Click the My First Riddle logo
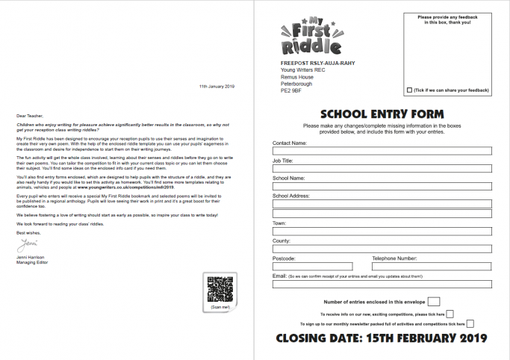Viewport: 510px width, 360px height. pyautogui.click(x=302, y=36)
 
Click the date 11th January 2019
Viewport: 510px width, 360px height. pyautogui.click(x=217, y=87)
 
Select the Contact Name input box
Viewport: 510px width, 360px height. pyautogui.click(x=382, y=150)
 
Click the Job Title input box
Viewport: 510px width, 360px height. pyautogui.click(x=382, y=168)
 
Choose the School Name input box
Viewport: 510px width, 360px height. pyautogui.click(x=382, y=186)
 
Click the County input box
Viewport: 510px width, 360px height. pyautogui.click(x=382, y=249)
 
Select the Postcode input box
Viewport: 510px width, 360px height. pyautogui.click(x=312, y=267)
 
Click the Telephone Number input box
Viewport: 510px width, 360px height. pyautogui.click(x=431, y=267)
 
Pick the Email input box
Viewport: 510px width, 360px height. pyautogui.click(x=382, y=285)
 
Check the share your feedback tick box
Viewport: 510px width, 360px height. pyautogui.click(x=409, y=90)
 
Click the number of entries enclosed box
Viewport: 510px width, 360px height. pyautogui.click(x=434, y=302)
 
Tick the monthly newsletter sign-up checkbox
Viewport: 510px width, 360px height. pyautogui.click(x=470, y=323)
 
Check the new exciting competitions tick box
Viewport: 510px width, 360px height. pyautogui.click(x=450, y=314)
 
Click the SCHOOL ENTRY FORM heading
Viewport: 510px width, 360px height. pyautogui.click(x=382, y=114)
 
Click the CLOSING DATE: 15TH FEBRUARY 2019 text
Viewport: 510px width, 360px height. pyautogui.click(x=382, y=338)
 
